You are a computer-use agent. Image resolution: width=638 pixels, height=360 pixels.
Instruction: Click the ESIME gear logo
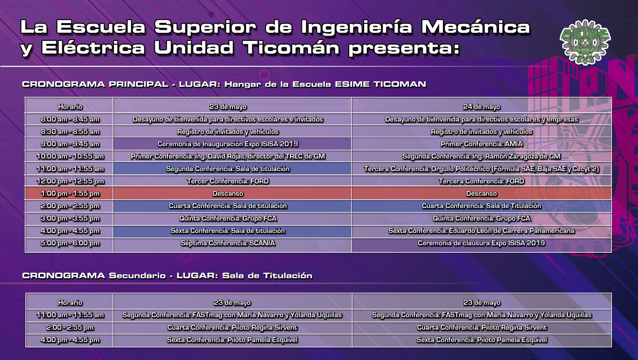(585, 42)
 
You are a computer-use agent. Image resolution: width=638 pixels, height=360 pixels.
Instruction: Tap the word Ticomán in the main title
(291, 48)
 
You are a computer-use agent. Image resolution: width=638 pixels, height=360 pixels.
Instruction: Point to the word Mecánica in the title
(475, 27)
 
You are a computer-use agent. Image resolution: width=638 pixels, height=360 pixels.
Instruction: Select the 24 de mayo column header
(481, 107)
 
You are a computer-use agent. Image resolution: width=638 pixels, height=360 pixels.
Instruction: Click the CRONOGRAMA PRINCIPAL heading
(95, 85)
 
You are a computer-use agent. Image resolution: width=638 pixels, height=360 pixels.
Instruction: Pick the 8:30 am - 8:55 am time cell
(70, 132)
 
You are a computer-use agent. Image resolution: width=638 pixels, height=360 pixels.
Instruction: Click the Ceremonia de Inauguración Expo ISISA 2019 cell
(228, 144)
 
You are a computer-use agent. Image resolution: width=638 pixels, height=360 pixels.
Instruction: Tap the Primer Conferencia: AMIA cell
(481, 144)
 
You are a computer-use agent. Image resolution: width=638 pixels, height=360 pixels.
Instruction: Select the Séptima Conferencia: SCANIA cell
(228, 243)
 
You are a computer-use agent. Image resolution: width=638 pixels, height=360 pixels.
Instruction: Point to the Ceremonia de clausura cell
(481, 243)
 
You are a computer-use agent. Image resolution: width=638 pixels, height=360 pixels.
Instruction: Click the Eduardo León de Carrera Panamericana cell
(481, 231)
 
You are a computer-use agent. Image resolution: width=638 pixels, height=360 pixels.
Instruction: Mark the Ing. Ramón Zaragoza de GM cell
(481, 156)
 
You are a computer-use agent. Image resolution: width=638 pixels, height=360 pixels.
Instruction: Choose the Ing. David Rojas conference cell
(228, 156)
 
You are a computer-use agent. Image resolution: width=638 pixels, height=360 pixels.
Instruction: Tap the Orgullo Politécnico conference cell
(481, 169)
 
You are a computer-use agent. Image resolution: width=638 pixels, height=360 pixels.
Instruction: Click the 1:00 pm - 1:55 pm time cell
(70, 194)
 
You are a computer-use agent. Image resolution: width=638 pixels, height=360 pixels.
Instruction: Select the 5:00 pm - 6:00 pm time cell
(70, 243)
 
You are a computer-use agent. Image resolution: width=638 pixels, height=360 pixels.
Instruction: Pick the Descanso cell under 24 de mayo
(481, 194)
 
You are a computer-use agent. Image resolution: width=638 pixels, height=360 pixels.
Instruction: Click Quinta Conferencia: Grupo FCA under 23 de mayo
(228, 218)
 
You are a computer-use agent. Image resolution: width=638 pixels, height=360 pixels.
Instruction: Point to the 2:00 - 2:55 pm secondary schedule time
(70, 328)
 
